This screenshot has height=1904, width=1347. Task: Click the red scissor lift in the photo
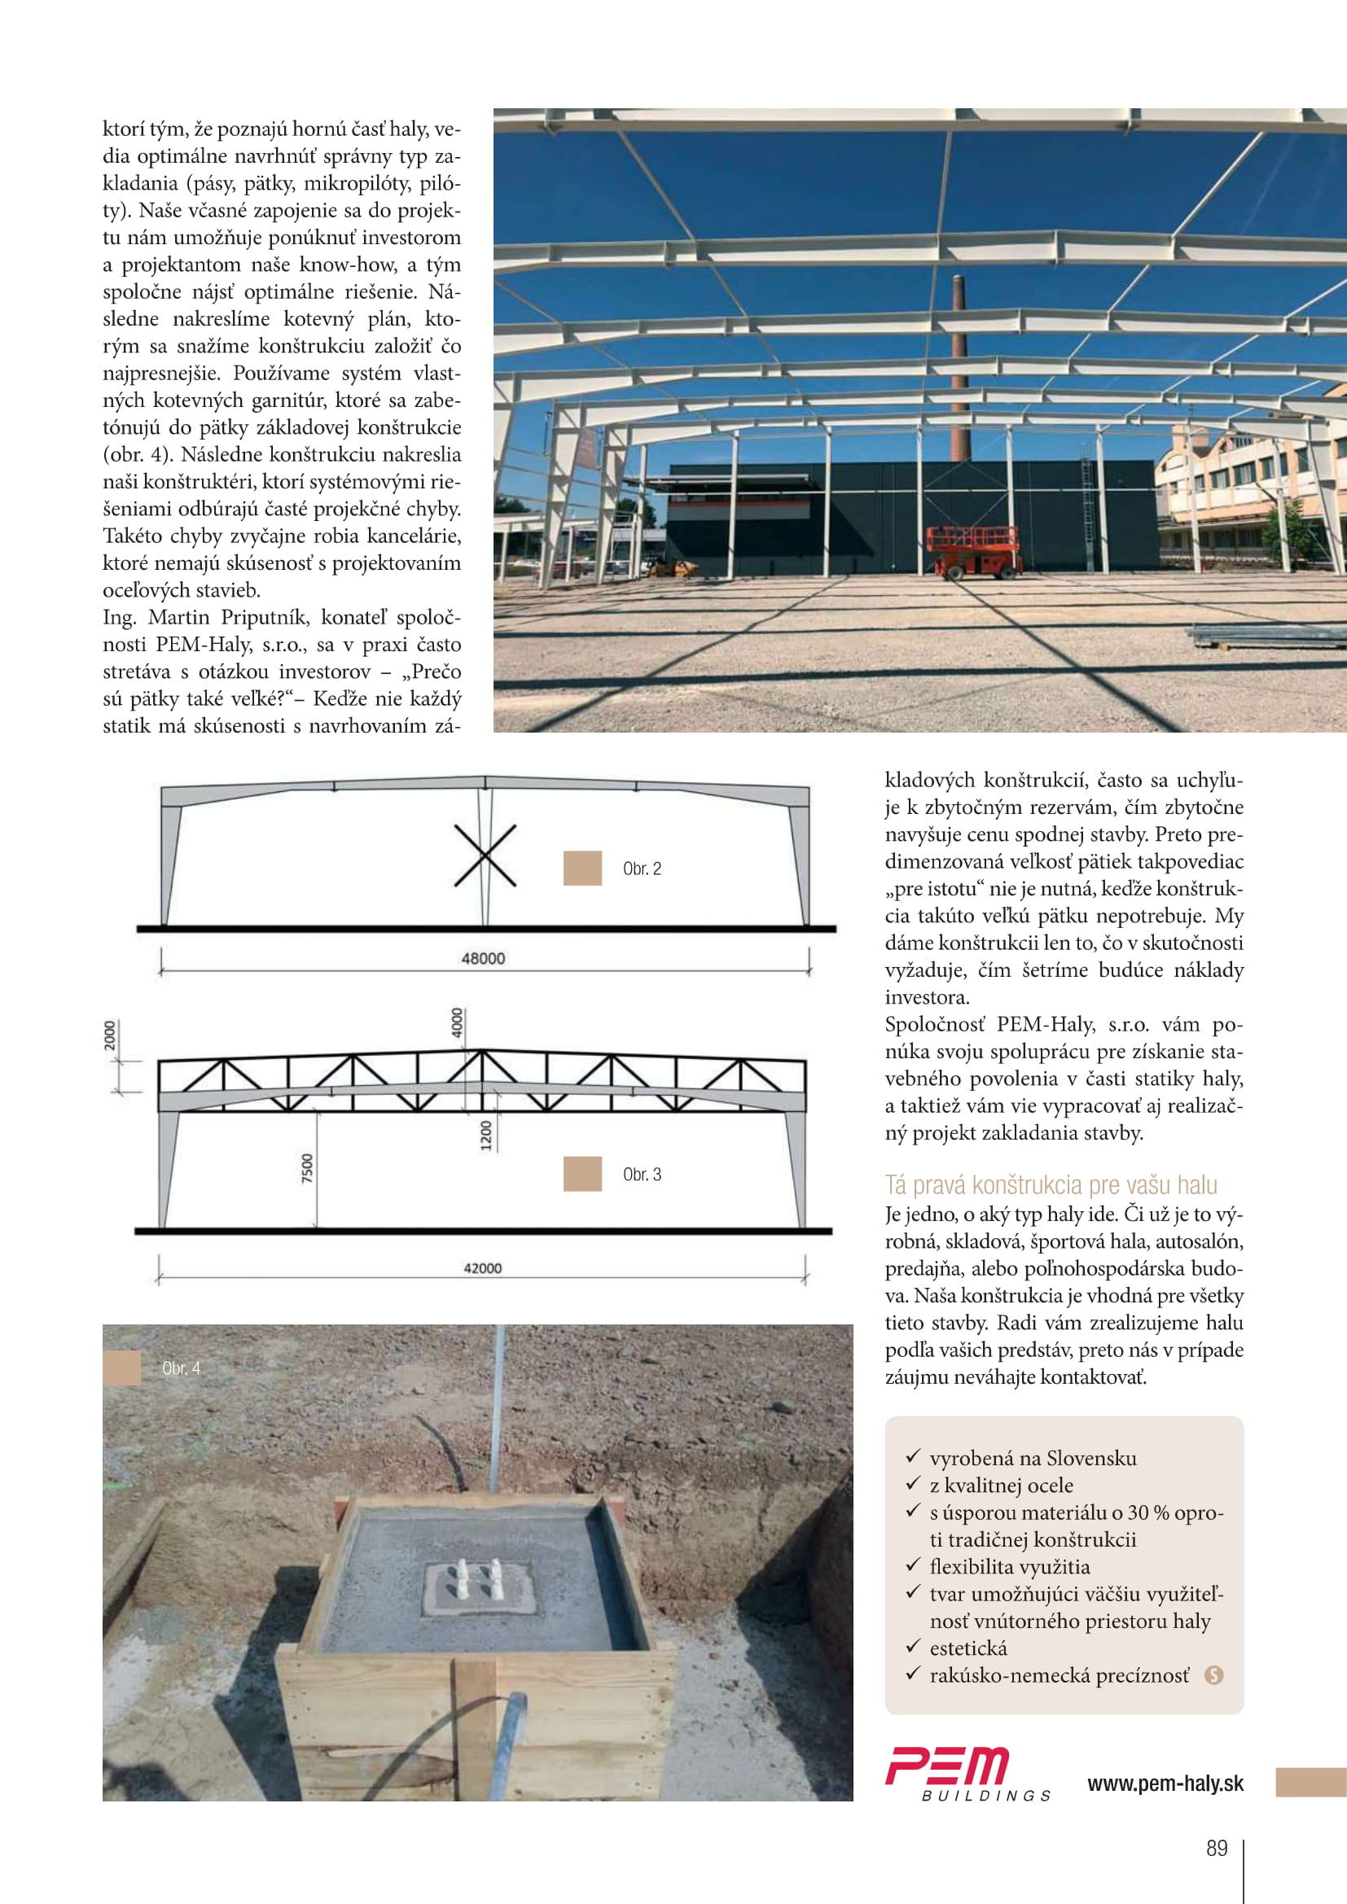click(x=973, y=549)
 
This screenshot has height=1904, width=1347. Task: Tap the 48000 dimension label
click(x=483, y=959)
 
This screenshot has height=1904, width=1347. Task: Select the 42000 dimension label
click(x=482, y=1268)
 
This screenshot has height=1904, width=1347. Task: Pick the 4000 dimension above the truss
click(x=457, y=1022)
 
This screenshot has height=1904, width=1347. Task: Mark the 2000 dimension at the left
click(x=110, y=1035)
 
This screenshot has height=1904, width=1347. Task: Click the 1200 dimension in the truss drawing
click(x=486, y=1136)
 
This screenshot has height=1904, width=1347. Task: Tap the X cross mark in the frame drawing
click(x=485, y=856)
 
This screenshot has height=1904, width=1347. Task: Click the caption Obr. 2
click(x=642, y=869)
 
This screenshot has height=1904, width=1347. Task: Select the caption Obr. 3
click(x=642, y=1175)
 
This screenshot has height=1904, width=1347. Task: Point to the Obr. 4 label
click(x=181, y=1368)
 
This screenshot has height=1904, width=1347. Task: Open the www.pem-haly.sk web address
click(x=1165, y=1783)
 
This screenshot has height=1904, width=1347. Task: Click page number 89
click(x=1216, y=1848)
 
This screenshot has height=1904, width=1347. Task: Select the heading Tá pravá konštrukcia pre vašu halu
click(x=1051, y=1184)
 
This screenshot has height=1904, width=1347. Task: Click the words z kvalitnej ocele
click(x=1001, y=1486)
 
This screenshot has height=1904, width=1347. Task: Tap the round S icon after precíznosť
click(x=1213, y=1675)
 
